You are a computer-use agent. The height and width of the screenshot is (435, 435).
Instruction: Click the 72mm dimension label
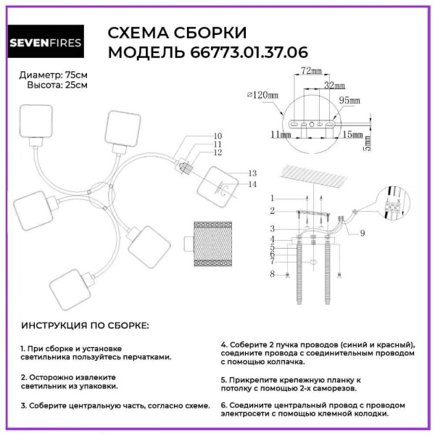310,71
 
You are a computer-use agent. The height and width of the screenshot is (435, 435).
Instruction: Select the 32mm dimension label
333,85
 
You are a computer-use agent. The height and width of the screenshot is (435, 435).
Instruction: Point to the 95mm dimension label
352,99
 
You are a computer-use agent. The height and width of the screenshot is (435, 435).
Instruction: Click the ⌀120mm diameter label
264,94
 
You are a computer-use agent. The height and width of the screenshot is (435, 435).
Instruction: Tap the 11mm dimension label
276,134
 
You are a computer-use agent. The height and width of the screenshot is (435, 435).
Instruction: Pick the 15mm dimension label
353,134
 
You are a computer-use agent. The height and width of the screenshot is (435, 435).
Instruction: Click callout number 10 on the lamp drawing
217,136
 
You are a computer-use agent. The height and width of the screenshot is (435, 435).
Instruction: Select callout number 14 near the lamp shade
252,184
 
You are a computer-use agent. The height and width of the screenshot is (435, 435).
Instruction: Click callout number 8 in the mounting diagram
271,273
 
